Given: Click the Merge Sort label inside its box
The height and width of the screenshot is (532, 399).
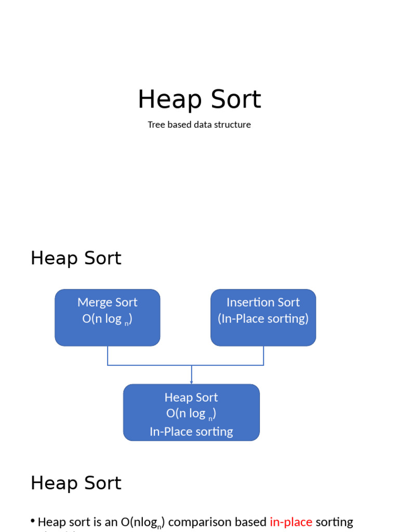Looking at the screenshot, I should [108, 302].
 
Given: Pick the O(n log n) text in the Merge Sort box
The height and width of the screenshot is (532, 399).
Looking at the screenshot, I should [108, 320].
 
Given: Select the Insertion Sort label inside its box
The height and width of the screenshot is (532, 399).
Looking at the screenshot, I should [263, 302].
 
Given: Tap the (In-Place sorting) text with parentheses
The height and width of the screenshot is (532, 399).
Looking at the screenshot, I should [263, 318].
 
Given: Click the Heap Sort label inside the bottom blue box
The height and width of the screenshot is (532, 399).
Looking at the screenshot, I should [191, 397].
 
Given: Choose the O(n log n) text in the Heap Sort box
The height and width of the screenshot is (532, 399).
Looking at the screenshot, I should [191, 414].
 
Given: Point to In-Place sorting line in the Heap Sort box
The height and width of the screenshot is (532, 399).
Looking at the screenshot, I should [191, 432].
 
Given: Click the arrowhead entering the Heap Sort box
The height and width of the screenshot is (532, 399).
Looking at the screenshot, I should [192, 382].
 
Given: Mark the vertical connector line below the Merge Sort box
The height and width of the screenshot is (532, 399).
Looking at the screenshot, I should [108, 356].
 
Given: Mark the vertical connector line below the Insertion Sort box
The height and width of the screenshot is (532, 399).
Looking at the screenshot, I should [263, 356].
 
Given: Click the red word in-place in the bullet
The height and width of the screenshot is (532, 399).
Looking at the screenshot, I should [291, 522].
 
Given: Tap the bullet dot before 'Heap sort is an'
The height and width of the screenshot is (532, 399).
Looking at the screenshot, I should [33, 521].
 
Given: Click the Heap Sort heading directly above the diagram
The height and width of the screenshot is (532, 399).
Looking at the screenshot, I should [76, 258].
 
